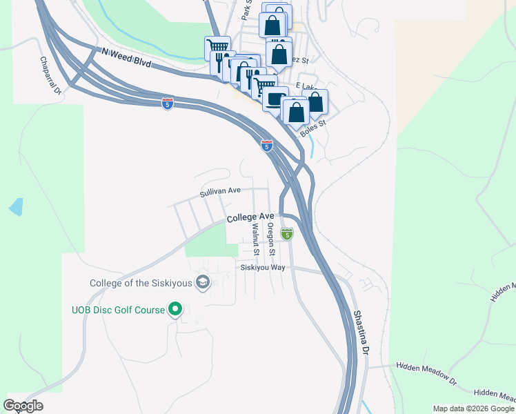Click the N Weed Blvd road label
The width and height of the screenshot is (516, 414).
point(126,57)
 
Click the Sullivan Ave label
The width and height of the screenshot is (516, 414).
point(220,192)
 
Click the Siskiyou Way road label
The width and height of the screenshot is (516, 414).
point(263,267)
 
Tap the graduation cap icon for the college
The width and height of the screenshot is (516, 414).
point(204,282)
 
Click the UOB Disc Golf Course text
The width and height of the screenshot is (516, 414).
point(118,310)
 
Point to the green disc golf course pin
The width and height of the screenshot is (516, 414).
point(175,310)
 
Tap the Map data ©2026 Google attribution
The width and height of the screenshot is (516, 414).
point(473,408)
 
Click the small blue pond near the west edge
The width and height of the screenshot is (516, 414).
point(15,206)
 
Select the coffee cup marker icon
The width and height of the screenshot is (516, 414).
point(275,99)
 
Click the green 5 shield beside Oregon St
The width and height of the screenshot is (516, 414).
point(288,235)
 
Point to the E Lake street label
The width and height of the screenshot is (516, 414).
point(305,86)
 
